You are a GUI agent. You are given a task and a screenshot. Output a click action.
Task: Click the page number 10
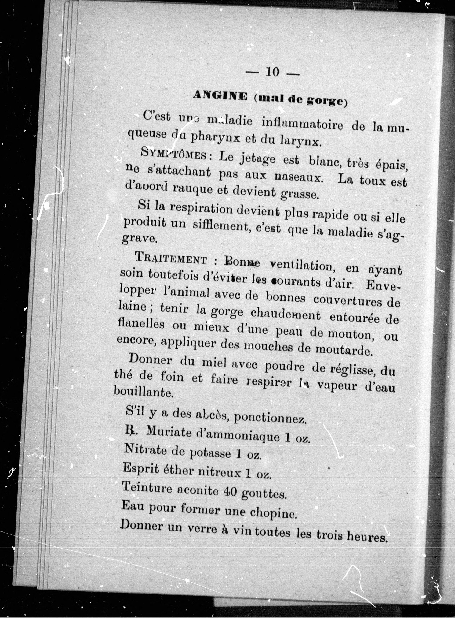click(x=273, y=72)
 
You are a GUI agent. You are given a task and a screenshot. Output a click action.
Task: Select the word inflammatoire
click(x=302, y=125)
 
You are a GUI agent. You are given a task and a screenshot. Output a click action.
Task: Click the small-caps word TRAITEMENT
click(x=171, y=259)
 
